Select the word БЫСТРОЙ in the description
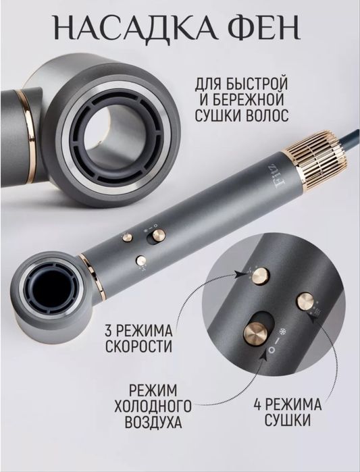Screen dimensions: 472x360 [x=253, y=86]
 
